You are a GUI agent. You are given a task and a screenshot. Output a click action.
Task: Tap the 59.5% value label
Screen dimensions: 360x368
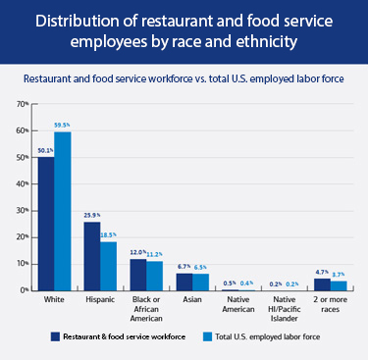64,125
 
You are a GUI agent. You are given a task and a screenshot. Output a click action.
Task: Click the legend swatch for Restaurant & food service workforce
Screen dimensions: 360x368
56,335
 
